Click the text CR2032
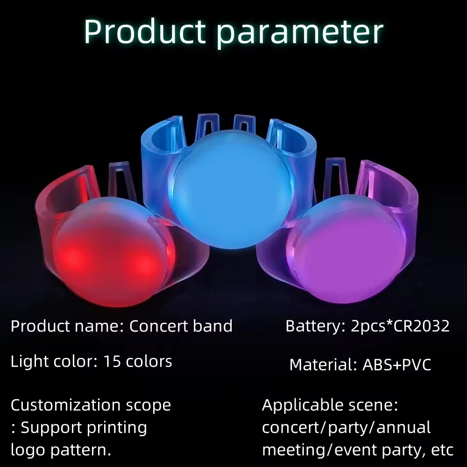click(x=422, y=326)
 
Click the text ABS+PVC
click(x=396, y=365)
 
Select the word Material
click(x=323, y=365)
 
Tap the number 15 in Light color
click(x=112, y=361)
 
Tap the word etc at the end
click(x=442, y=450)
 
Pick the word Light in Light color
click(x=29, y=361)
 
